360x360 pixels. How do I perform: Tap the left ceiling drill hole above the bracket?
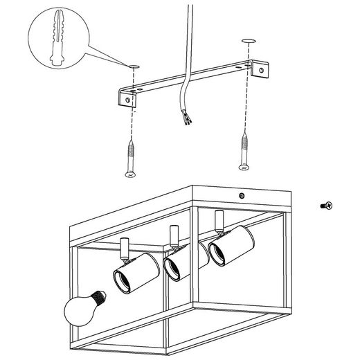pyautogui.click(x=133, y=66)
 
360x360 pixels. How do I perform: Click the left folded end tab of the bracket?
pyautogui.click(x=127, y=100)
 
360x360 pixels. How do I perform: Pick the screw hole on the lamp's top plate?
pyautogui.click(x=240, y=195)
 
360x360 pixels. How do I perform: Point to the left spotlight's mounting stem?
pyautogui.click(x=125, y=247)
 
